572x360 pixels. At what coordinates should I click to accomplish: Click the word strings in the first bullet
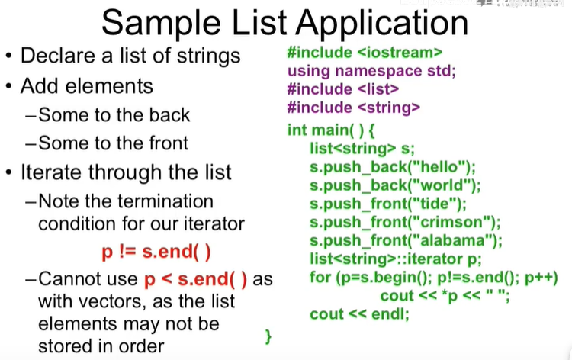tap(209, 56)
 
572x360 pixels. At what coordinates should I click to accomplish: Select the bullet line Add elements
tap(87, 86)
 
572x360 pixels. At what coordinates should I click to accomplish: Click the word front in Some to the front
tap(169, 143)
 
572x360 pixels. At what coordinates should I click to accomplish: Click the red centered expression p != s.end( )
tap(156, 252)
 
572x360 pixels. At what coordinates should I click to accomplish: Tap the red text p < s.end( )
tap(195, 279)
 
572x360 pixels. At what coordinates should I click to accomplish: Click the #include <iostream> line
tap(365, 53)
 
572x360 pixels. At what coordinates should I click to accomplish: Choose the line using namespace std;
tap(371, 71)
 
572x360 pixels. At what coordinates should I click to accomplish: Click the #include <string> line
tap(353, 108)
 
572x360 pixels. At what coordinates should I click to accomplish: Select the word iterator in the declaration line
tap(435, 259)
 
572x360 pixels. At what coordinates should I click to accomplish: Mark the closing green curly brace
tap(268, 336)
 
